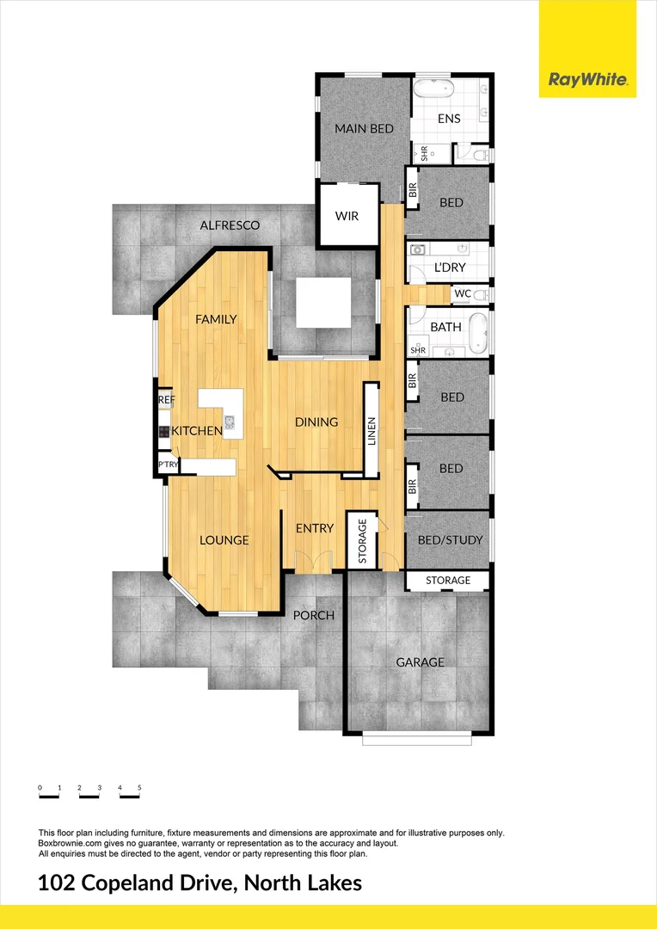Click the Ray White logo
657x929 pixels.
click(x=587, y=81)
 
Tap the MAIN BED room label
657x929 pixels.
click(x=364, y=129)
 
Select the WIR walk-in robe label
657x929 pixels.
click(x=347, y=215)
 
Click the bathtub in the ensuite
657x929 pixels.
click(x=434, y=89)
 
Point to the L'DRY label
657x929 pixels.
click(x=449, y=268)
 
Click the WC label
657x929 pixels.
click(x=463, y=294)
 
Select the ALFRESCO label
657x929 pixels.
click(x=230, y=225)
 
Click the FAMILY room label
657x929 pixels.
click(x=216, y=319)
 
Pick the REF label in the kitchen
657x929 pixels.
click(x=166, y=401)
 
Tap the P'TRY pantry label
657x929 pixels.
click(x=166, y=465)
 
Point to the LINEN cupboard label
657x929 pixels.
click(x=371, y=430)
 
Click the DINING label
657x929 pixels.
click(x=316, y=422)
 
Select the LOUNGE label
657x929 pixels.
click(x=224, y=540)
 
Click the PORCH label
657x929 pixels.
click(x=313, y=615)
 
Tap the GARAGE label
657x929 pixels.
click(x=420, y=662)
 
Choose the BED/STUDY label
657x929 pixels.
click(x=450, y=540)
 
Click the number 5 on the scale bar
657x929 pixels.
click(x=139, y=787)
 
